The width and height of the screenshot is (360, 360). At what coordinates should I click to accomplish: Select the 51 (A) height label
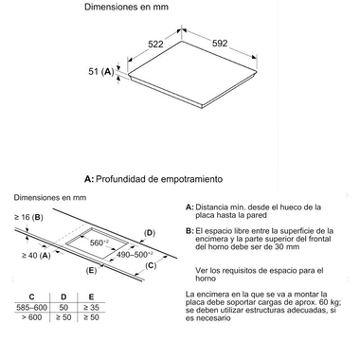coord(100,71)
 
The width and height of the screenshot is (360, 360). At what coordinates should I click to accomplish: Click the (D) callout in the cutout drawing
coord(150,232)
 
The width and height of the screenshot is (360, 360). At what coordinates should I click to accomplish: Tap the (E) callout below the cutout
coord(91,270)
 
